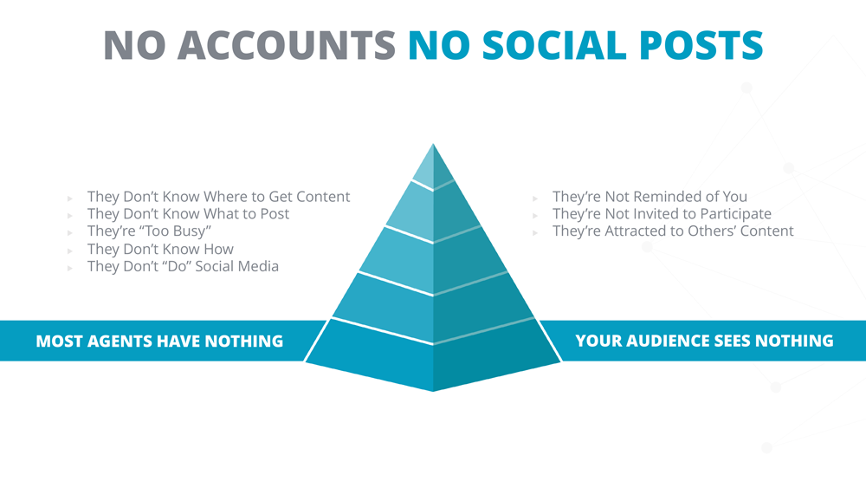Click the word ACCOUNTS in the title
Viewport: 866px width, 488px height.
286,45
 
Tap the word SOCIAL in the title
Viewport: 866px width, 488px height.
554,45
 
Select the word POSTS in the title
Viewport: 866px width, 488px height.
701,45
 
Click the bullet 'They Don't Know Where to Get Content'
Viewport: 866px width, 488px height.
219,197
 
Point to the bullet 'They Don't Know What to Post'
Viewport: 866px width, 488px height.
188,214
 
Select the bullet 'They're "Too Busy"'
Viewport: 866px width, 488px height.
149,231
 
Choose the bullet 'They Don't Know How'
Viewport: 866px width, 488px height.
160,249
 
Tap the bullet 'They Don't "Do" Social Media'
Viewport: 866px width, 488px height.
183,266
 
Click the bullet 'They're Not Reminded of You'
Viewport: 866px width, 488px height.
649,197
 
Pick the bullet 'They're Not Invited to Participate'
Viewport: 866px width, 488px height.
662,214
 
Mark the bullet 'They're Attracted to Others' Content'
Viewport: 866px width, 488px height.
673,231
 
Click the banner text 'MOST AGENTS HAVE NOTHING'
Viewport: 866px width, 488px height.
159,341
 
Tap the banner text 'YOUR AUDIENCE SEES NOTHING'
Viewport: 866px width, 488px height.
704,341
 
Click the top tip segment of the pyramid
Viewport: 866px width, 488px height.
434,168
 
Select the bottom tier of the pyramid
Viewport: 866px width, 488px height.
433,356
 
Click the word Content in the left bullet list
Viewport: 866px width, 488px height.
323,197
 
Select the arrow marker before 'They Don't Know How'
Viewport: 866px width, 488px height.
70,251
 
